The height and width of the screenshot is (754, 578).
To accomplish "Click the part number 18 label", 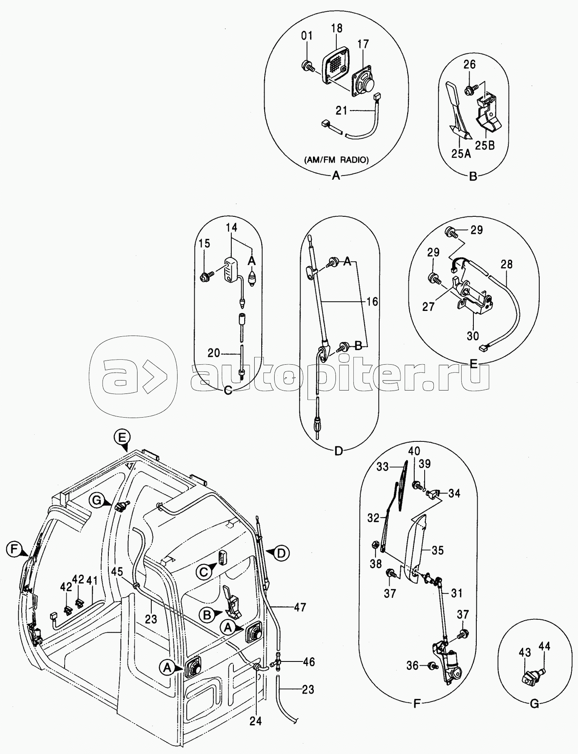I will (x=337, y=28).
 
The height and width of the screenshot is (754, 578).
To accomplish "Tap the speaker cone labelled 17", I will (x=366, y=85).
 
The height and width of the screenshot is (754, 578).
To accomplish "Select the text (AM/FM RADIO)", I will (x=336, y=160).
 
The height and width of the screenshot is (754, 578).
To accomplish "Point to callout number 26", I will (x=469, y=65).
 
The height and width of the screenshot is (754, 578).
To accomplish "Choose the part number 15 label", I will (x=204, y=243).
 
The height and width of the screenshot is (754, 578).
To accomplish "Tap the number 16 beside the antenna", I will (x=372, y=301).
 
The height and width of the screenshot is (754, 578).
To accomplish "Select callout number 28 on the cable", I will (x=506, y=264).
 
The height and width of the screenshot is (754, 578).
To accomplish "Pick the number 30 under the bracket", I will (x=473, y=336).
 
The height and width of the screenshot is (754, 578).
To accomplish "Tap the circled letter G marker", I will (x=97, y=501).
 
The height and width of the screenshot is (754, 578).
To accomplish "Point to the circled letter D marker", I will (x=282, y=553).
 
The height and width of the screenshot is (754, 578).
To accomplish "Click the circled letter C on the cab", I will (x=204, y=572).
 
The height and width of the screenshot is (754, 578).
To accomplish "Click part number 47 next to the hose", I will (x=300, y=607).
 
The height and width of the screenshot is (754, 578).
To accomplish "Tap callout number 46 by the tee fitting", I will (x=309, y=662).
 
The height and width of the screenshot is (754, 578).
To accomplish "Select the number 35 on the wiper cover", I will (x=438, y=551).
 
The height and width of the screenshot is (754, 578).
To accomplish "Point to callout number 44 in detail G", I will (x=544, y=646).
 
